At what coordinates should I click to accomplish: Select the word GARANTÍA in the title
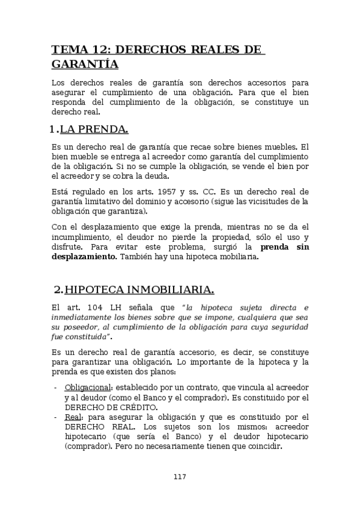click(x=85, y=64)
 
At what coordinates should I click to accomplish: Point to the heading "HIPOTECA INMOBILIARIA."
click(x=139, y=290)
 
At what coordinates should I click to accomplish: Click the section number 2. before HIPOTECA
click(x=58, y=290)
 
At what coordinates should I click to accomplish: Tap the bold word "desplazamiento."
click(x=85, y=257)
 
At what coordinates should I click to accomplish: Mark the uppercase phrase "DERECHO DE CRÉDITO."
click(x=105, y=407)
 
